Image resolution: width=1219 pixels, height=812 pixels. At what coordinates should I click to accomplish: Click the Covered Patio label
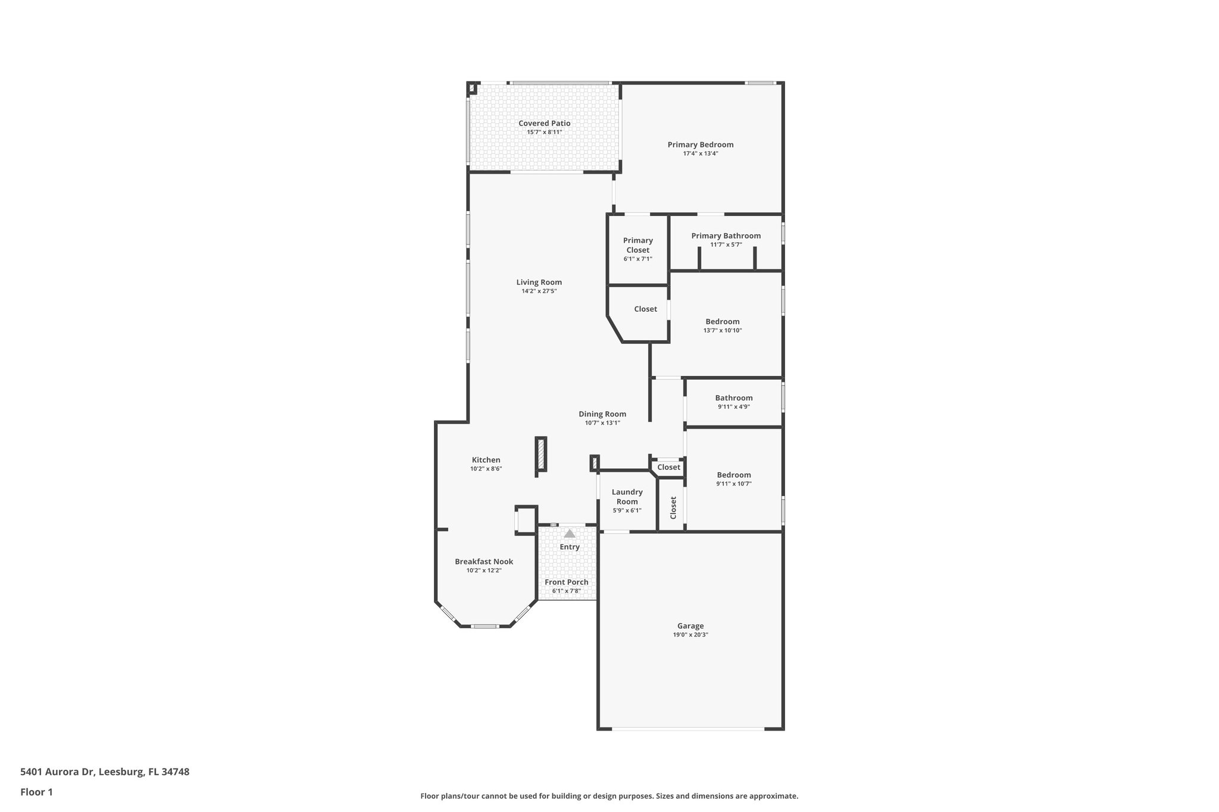coord(544,123)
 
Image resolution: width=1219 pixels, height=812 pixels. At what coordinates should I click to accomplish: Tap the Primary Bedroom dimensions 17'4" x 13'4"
coord(700,153)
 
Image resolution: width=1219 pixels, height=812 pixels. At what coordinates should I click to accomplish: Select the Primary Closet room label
coord(637,245)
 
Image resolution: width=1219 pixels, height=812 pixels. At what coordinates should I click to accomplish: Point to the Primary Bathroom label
coord(726,236)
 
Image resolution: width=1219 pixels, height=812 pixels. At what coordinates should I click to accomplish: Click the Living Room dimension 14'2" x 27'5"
coord(539,291)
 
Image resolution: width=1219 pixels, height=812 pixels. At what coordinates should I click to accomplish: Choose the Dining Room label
coord(602,414)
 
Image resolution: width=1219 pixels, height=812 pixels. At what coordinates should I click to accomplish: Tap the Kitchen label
coord(486,460)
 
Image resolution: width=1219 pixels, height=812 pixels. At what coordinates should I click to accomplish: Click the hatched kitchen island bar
coord(540,455)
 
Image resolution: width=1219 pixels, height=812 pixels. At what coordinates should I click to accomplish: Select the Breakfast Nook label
coord(483,562)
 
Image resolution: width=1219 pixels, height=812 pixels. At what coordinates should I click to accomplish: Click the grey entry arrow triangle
coord(570,534)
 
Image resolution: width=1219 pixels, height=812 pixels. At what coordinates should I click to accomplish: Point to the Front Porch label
coord(566,582)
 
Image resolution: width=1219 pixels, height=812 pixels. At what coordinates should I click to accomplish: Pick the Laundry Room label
coord(627,497)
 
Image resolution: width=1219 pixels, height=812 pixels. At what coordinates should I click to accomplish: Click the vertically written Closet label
coord(673,507)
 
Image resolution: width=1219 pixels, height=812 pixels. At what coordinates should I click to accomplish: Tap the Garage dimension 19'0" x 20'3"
coord(690,635)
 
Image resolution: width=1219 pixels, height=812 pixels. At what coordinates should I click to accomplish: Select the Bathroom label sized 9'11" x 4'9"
coord(733,398)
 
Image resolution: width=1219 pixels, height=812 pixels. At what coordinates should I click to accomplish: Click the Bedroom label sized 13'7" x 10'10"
coord(722,321)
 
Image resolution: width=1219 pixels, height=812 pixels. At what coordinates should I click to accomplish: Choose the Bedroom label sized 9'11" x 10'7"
coord(733,475)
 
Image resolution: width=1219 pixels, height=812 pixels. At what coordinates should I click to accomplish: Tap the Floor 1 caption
coord(36,792)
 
